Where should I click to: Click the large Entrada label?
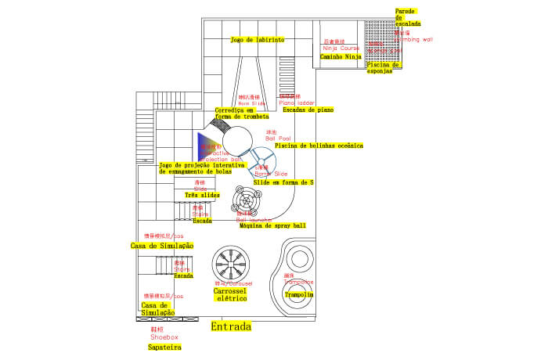coord(231,326)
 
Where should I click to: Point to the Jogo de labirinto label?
coord(258,39)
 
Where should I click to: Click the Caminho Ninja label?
coord(341,56)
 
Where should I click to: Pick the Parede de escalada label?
coord(406,17)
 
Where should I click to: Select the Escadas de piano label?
coord(308,110)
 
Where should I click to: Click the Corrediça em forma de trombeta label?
coord(236,113)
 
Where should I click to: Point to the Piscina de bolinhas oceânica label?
coord(319,146)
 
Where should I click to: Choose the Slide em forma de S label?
coord(283,182)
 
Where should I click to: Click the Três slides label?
coord(202,195)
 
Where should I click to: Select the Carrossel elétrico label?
coord(230,294)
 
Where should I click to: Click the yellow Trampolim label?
coord(298,295)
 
